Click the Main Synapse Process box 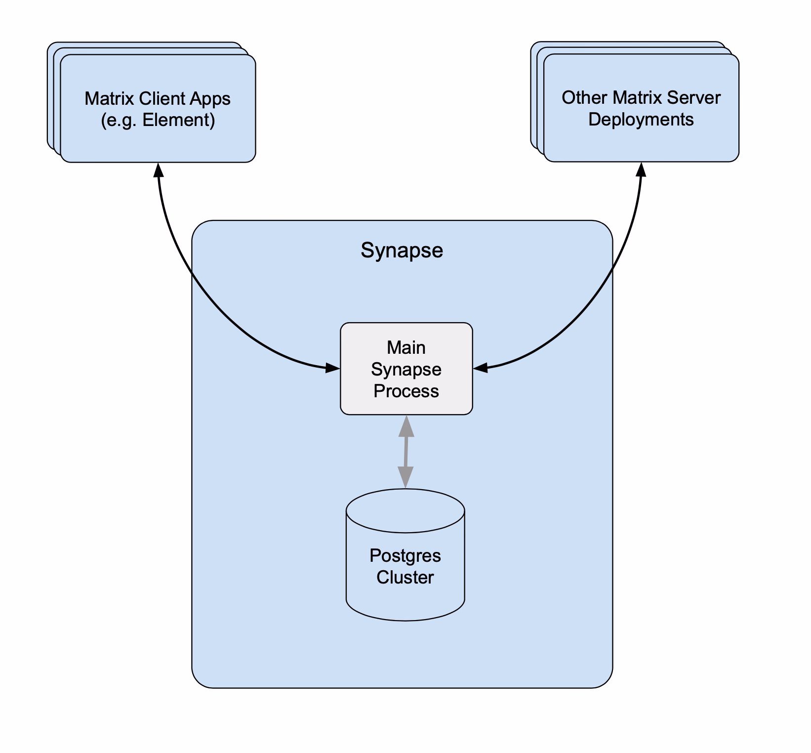tap(406, 369)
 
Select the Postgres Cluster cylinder tap(405, 555)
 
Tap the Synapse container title tap(402, 251)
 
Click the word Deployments tap(641, 120)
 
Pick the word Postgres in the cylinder tap(405, 556)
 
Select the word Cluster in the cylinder tap(405, 577)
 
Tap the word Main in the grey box tap(406, 347)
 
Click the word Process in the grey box tap(406, 391)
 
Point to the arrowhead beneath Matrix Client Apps tap(158, 170)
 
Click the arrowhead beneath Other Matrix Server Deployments tap(641, 169)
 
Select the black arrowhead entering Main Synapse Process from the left tap(333, 368)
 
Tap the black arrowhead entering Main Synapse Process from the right tap(481, 367)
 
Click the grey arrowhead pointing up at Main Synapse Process tap(406, 426)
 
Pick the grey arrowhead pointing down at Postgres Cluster tap(405, 477)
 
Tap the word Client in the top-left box tap(162, 98)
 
